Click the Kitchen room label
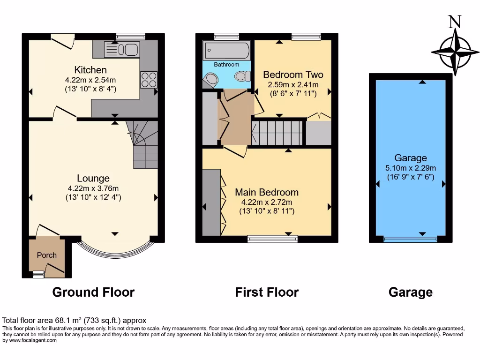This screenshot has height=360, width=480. tap(83, 70)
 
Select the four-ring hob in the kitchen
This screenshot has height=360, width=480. tap(149, 80)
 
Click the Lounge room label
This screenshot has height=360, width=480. tap(93, 178)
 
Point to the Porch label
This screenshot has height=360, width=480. tap(46, 255)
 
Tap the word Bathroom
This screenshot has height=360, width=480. tap(226, 65)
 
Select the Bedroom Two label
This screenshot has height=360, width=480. tap(293, 75)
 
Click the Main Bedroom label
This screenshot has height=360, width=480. tap(266, 192)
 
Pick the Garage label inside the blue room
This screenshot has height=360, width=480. tap(410, 158)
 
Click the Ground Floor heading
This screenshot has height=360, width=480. tap(93, 292)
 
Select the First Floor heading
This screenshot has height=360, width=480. tap(267, 292)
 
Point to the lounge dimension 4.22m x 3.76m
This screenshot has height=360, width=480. tap(93, 188)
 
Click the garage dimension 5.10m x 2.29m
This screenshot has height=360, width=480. tap(410, 168)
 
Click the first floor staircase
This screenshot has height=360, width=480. tap(277, 133)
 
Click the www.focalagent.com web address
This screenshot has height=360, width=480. tap(32, 340)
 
